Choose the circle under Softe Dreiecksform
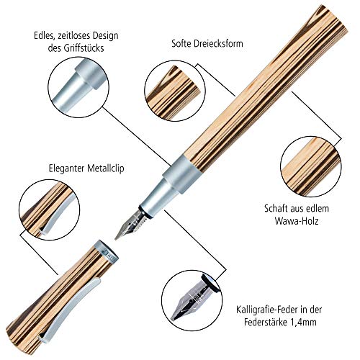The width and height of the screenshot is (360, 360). tap(174, 90)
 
